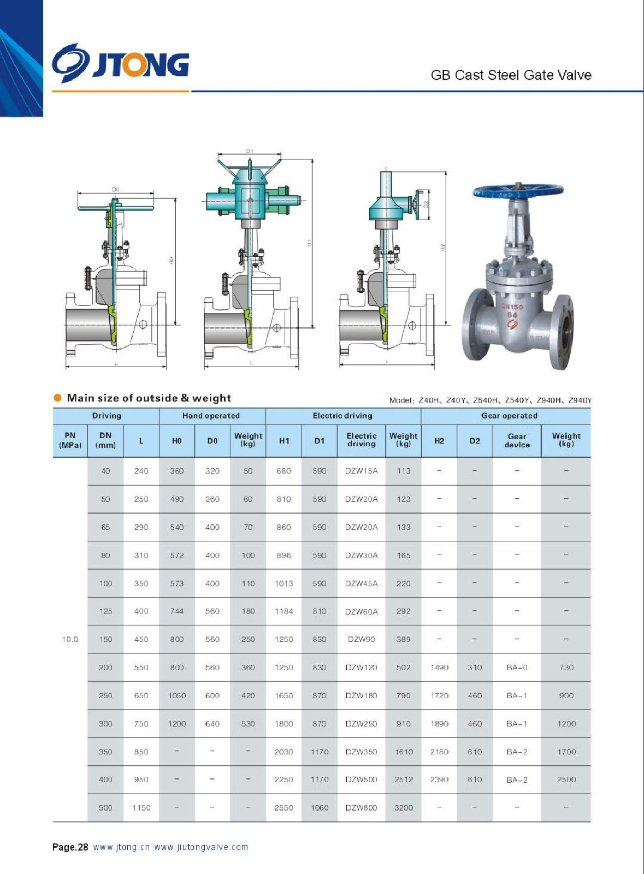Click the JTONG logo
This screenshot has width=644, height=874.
pyautogui.click(x=121, y=63)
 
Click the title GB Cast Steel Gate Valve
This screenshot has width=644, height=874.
pyautogui.click(x=511, y=75)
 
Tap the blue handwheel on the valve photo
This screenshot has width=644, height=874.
pyautogui.click(x=518, y=191)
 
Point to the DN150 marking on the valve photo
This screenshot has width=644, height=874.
pyautogui.click(x=512, y=306)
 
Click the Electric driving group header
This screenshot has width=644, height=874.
pyautogui.click(x=342, y=416)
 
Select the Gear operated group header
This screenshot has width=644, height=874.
pyautogui.click(x=509, y=416)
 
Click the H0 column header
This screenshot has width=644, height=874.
pyautogui.click(x=176, y=440)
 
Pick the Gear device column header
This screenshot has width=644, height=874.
pyautogui.click(x=517, y=440)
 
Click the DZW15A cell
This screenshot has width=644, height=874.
pyautogui.click(x=361, y=470)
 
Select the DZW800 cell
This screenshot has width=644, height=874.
pyautogui.click(x=361, y=808)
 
